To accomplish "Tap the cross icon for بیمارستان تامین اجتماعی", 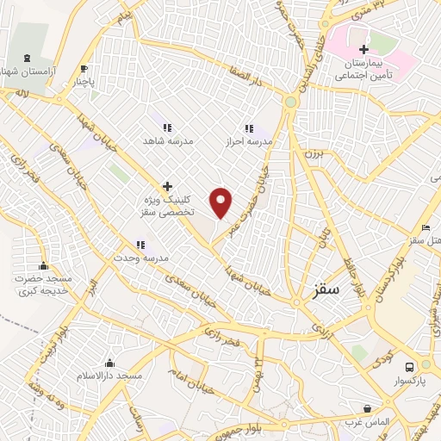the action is click(x=365, y=50).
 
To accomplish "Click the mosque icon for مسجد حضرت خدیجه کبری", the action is click(x=43, y=265).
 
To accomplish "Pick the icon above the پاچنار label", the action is click(x=84, y=69).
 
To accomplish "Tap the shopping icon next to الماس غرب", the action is click(x=368, y=408).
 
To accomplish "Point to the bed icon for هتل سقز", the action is click(x=425, y=227).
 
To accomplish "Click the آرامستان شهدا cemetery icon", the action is click(x=31, y=56).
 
